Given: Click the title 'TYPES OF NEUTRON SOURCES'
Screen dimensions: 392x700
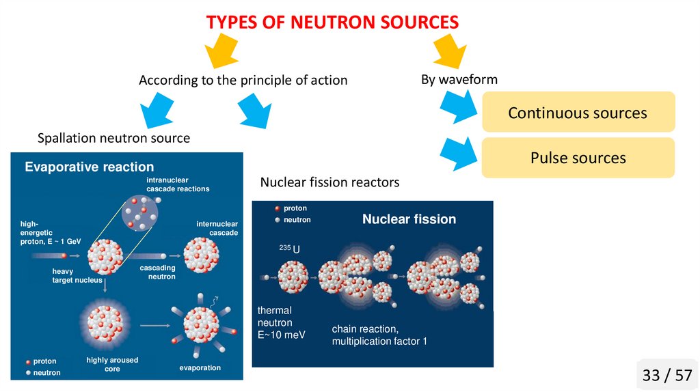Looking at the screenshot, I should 332,22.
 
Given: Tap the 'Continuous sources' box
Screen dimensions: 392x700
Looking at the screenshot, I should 578,113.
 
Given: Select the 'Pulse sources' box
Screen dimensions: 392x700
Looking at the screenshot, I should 578,158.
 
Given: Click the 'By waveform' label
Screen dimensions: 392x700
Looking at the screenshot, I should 459,80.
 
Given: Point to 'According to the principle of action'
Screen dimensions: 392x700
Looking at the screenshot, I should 243,81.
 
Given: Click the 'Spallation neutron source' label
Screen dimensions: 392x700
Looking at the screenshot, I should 113,139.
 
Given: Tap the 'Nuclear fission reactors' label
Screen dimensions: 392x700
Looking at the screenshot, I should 329,183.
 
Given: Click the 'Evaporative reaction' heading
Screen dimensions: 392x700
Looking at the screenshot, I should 90,167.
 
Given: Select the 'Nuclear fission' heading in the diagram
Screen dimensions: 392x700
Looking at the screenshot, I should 409,219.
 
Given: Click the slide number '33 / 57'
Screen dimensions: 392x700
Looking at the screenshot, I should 667,375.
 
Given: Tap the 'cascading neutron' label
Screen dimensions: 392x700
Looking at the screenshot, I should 158,272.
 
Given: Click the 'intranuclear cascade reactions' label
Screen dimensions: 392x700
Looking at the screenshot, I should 178,184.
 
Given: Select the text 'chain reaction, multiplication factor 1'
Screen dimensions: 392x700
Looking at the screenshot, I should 379,335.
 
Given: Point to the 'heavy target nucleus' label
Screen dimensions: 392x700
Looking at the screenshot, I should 77,275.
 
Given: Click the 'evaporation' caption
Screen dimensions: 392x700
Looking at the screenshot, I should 200,368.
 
